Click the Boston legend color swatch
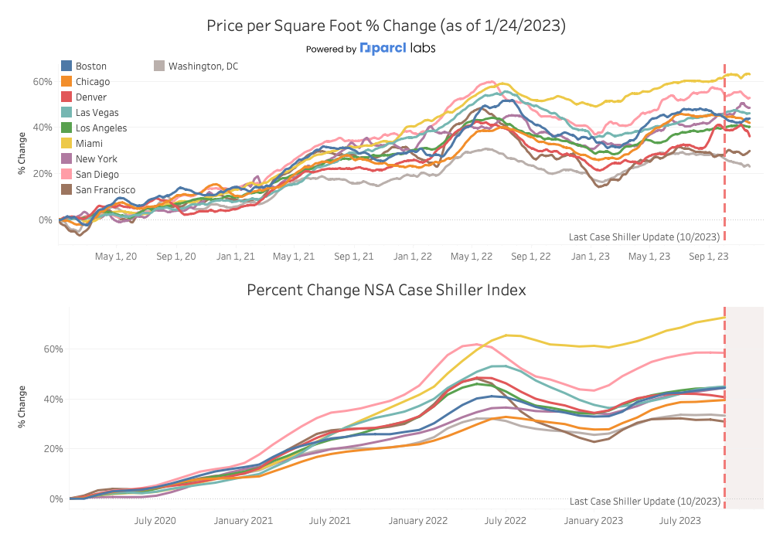tap(67, 66)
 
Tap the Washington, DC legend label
tap(203, 66)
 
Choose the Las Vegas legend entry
tap(96, 113)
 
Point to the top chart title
tap(386, 26)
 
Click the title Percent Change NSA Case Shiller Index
tap(386, 290)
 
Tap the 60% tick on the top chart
tap(42, 81)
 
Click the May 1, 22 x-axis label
tap(471, 257)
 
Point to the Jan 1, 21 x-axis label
tap(234, 257)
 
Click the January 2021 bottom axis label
tap(243, 521)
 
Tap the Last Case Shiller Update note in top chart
tap(644, 236)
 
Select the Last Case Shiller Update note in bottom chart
tap(644, 502)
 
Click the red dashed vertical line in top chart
tap(725, 155)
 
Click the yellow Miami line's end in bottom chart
tap(724, 318)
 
